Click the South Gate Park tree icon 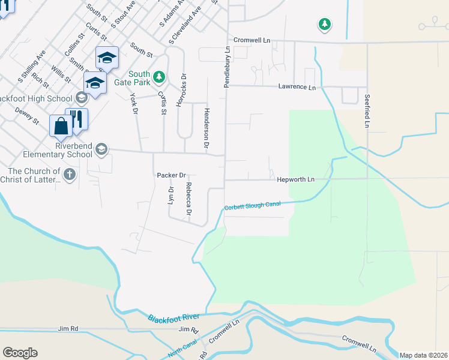coord(159,76)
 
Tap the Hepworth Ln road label coord(295,179)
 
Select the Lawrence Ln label coord(297,87)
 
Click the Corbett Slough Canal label coord(252,206)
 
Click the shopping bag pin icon coord(61,126)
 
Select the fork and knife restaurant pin coord(76,118)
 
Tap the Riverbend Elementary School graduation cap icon coord(101,149)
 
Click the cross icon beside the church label coord(70,175)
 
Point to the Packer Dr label coord(170,175)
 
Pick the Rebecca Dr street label coord(188,199)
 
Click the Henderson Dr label coord(206,134)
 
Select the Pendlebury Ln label coord(228,68)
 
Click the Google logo coord(20,353)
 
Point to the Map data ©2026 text coord(423,355)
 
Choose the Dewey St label coord(28,116)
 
